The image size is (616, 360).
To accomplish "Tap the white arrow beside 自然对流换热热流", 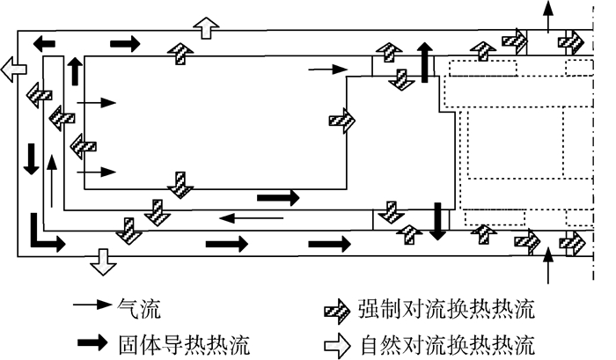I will click(x=336, y=340).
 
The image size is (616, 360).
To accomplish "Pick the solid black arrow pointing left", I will click(x=50, y=42).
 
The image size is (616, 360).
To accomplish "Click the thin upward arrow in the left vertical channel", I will click(x=53, y=180).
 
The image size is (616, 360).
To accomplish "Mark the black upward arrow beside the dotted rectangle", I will click(x=426, y=62).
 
